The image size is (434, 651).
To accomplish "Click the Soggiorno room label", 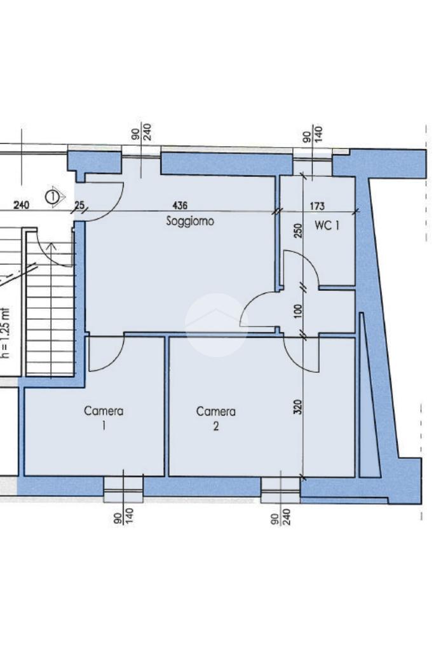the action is pos(190,221).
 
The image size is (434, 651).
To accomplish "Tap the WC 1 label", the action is pos(327,225).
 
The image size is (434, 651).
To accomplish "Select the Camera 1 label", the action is pos(104,418).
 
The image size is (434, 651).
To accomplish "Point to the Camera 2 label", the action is pos(215,419).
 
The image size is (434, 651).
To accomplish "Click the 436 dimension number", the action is pos(179,205).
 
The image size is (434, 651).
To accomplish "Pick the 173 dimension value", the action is pos(317,206).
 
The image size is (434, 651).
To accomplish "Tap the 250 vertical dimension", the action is pos(298,231).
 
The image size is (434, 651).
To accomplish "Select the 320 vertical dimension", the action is pos(297,407).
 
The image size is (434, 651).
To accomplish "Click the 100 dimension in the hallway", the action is pos(298,310).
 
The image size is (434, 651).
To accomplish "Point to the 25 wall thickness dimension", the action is pos(79,205).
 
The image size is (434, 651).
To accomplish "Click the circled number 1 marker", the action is pos(52,197).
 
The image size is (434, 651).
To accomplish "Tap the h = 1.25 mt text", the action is pos(4,333).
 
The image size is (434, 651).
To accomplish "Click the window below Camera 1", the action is pos(123,489).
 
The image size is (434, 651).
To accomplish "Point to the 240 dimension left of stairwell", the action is pos(22,205).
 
